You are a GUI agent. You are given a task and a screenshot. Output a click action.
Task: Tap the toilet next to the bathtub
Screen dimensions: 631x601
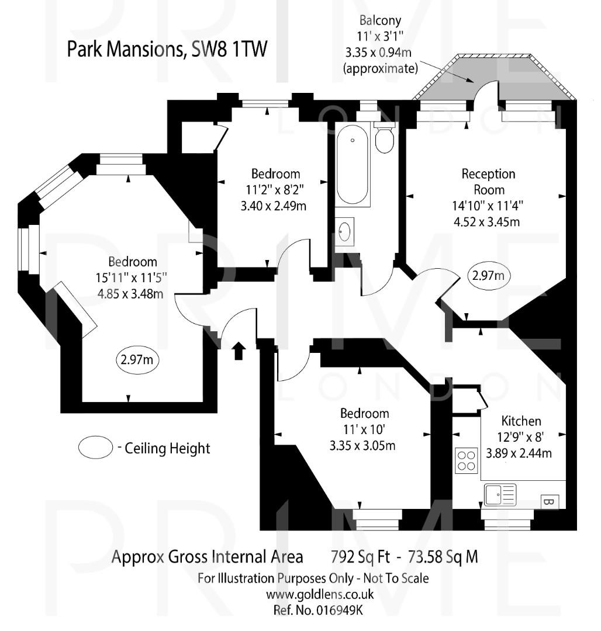coord(384,138)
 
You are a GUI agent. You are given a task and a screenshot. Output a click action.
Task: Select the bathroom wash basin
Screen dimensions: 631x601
coord(345,230)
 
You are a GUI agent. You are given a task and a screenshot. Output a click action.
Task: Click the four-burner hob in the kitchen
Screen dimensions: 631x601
coord(466,459)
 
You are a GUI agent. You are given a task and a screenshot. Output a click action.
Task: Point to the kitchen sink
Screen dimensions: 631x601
coord(500,495)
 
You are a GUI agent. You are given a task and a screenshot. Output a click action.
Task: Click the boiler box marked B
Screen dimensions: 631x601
coord(549,501)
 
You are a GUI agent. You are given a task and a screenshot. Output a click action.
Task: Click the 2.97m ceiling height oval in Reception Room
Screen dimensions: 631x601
coord(489,275)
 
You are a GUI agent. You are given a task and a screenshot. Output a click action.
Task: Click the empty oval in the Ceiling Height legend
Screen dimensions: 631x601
coord(95,448)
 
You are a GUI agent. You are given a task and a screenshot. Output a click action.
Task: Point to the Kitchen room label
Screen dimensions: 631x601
coord(521,421)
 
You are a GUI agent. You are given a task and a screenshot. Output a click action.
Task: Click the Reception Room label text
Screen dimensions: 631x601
coord(488,182)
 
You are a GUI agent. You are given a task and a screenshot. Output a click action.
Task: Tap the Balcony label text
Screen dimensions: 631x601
coord(381,19)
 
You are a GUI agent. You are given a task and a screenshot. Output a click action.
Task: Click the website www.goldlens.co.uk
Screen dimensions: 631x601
coord(319,595)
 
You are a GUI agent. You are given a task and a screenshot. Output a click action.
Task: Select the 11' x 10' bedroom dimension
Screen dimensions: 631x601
coord(364,430)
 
